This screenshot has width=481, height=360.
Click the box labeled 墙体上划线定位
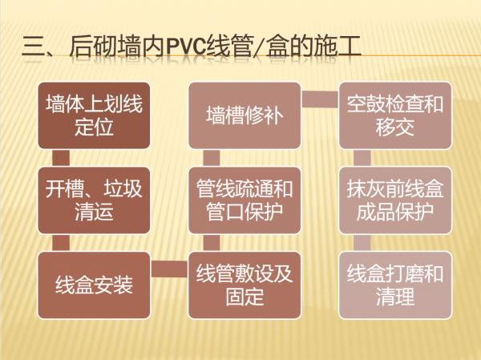point(94,116)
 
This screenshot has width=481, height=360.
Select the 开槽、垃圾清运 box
point(94,200)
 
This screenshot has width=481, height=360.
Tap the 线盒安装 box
point(94,285)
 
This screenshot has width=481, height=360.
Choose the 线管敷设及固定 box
point(245,285)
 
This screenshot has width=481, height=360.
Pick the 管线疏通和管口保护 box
point(245,200)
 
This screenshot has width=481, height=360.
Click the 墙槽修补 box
point(245,116)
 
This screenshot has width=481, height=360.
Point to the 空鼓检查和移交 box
point(394,116)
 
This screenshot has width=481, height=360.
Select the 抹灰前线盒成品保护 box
point(394,200)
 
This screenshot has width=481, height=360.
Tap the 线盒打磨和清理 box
point(394,285)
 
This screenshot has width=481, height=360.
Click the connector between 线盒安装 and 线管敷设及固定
point(169,270)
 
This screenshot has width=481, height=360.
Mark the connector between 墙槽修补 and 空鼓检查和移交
point(320,99)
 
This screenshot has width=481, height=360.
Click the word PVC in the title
point(186,47)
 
